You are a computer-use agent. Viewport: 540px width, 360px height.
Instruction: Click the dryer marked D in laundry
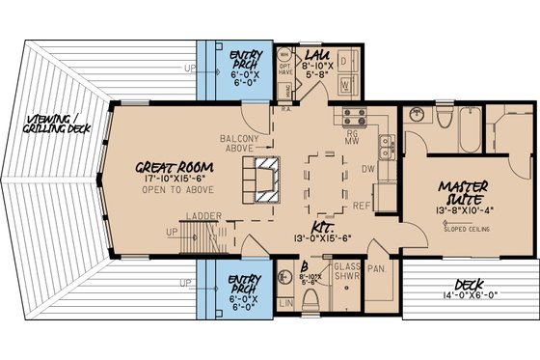pyautogui.click(x=344, y=61)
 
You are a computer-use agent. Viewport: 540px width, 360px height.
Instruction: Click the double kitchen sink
pyautogui.click(x=386, y=146)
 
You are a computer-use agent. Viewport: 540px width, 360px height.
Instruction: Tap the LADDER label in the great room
pyautogui.click(x=203, y=216)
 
